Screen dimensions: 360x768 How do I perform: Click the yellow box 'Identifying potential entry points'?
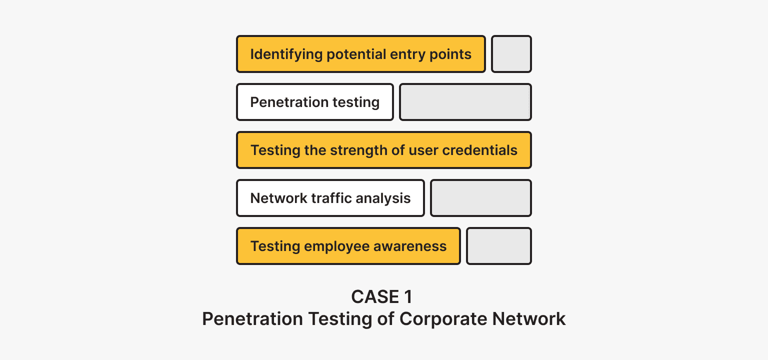click(360, 54)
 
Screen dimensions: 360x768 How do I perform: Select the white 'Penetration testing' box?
click(315, 102)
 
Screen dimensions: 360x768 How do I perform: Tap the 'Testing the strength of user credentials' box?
click(383, 150)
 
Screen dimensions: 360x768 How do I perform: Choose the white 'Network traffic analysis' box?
click(330, 198)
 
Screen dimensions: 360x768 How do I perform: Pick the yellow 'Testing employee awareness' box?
click(348, 246)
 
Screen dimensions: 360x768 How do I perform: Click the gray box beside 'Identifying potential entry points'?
click(511, 54)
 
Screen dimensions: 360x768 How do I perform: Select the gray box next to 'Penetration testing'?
click(465, 102)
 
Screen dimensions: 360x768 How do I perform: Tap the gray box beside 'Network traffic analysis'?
click(480, 198)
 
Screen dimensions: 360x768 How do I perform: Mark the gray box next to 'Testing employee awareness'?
click(498, 246)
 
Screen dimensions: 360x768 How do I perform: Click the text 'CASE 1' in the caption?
click(382, 297)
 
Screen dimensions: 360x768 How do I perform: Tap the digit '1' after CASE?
click(407, 297)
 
